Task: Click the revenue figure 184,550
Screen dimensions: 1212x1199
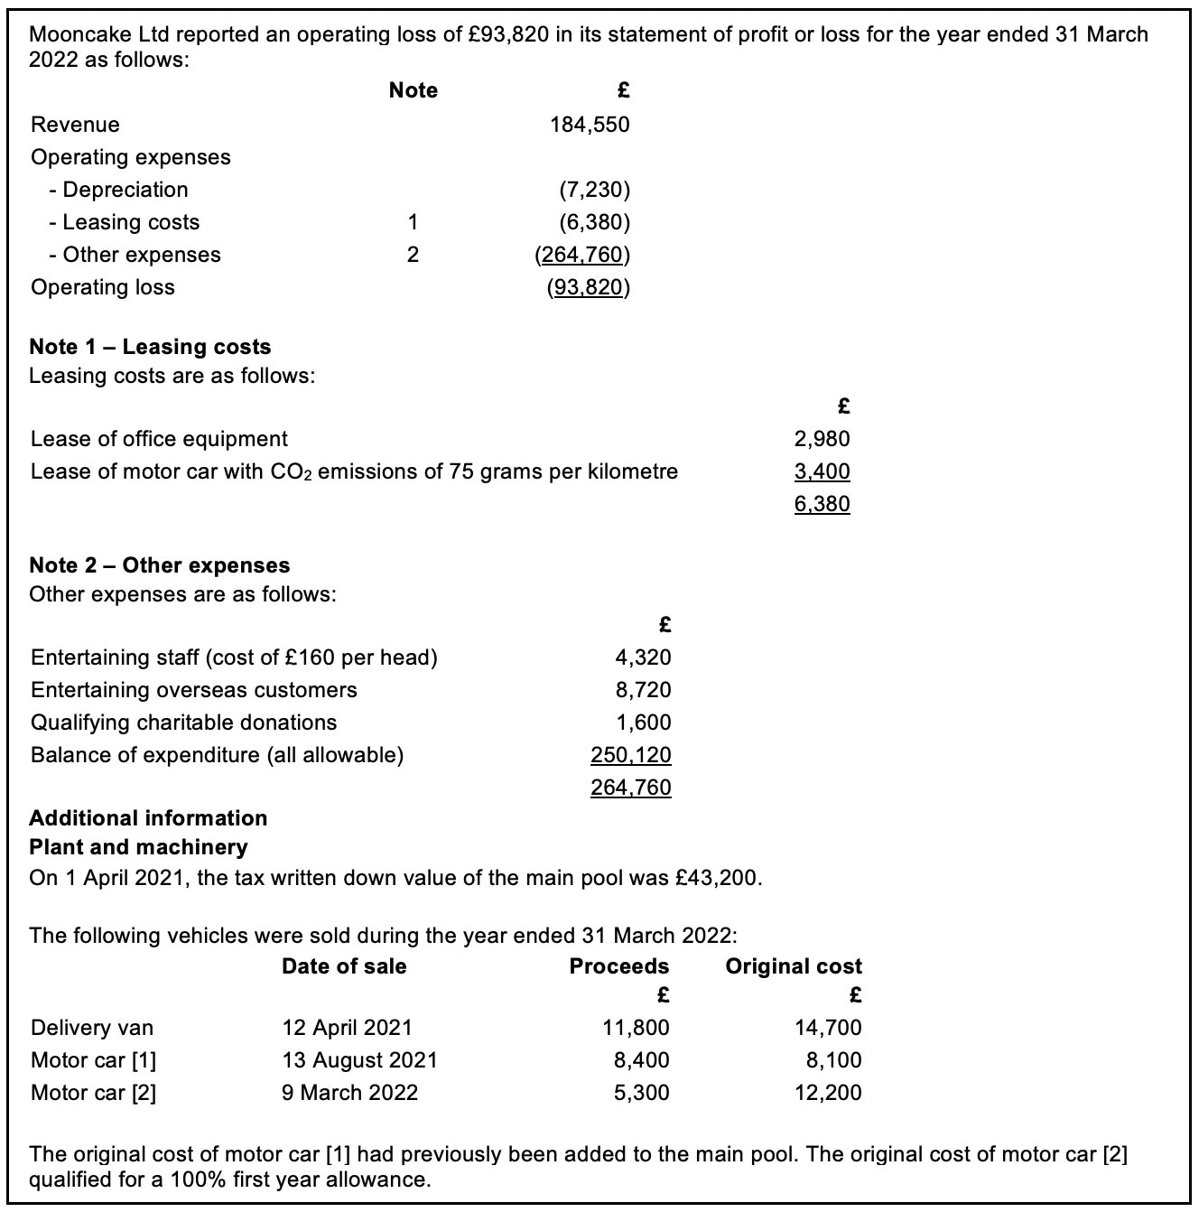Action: (x=590, y=125)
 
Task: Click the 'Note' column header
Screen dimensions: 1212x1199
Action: (x=413, y=90)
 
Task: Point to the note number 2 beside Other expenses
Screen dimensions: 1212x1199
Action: (x=413, y=255)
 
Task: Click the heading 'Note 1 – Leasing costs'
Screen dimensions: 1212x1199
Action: (x=150, y=347)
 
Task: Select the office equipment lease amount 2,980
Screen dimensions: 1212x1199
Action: (x=822, y=439)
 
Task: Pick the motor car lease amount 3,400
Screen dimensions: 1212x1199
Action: (x=822, y=471)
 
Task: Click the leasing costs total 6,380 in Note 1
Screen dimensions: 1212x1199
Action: (x=822, y=504)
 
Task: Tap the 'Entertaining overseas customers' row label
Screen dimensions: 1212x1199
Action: (x=193, y=690)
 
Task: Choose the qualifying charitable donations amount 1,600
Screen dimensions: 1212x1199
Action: (x=643, y=723)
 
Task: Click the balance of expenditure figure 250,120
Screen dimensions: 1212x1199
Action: (x=630, y=755)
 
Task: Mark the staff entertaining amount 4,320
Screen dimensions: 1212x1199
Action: (x=643, y=657)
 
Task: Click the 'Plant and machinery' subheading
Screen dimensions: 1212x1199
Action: (x=138, y=847)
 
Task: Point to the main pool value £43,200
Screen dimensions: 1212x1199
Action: (x=718, y=878)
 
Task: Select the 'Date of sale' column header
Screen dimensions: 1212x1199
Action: (x=344, y=966)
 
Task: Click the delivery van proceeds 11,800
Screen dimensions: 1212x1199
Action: (x=636, y=1028)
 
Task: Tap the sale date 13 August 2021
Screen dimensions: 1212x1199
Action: (x=359, y=1060)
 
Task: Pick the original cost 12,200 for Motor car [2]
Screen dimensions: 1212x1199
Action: (x=828, y=1093)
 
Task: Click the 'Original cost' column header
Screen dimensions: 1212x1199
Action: (x=794, y=966)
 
